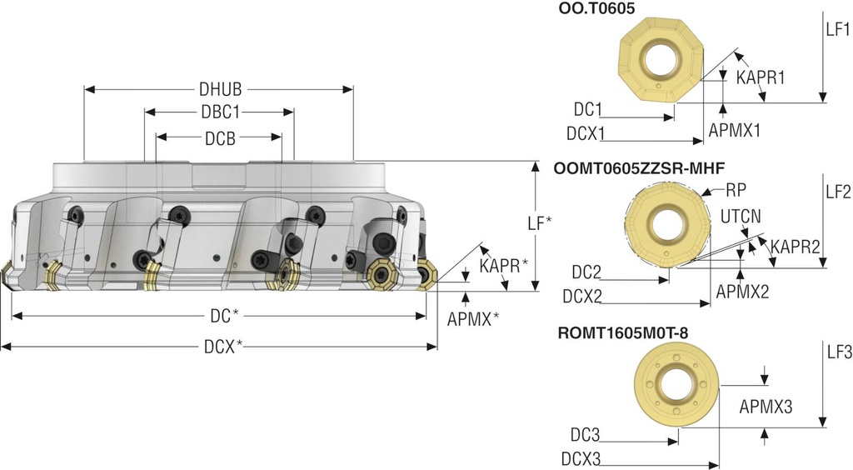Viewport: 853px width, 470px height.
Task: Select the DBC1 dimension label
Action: (x=220, y=111)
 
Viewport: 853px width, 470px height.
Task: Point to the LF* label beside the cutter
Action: (x=541, y=223)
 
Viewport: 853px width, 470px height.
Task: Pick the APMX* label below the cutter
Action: (x=473, y=318)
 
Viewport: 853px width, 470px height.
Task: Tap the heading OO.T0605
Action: (x=596, y=9)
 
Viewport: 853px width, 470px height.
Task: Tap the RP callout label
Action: (x=735, y=189)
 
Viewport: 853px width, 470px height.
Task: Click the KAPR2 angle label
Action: (x=796, y=247)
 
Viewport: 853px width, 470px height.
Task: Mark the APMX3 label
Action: (x=766, y=407)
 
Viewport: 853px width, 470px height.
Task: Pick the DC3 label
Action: (x=586, y=434)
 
